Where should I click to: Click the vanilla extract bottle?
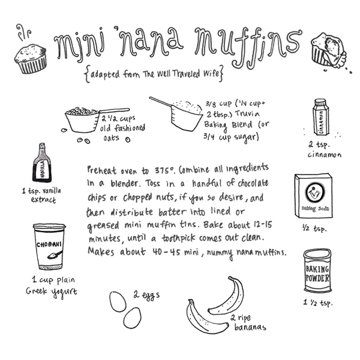click(x=42, y=163)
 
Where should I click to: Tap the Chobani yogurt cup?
click(x=49, y=247)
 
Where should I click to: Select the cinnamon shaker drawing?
click(x=321, y=117)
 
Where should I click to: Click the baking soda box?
click(x=314, y=196)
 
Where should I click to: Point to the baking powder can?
click(x=317, y=271)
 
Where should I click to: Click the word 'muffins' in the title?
click(x=247, y=46)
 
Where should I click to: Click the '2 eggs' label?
click(x=146, y=295)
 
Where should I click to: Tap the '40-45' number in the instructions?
click(x=166, y=252)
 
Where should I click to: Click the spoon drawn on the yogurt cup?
click(x=55, y=254)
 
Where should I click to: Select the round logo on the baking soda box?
click(x=315, y=191)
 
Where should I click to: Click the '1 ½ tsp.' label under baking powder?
click(x=318, y=302)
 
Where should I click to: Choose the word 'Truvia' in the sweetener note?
click(x=247, y=114)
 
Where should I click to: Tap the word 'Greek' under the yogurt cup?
click(x=37, y=291)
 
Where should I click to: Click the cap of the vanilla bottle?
click(x=42, y=145)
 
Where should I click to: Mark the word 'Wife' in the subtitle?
click(x=211, y=73)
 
